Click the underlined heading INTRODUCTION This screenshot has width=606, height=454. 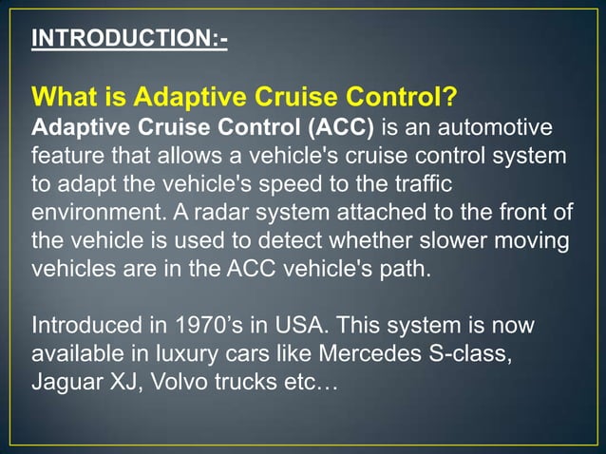129,39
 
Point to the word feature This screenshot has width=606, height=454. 66,155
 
